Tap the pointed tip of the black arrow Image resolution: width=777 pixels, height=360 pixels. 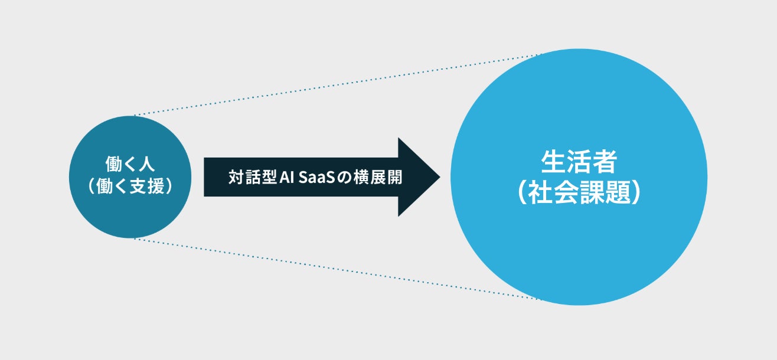pyautogui.click(x=438, y=177)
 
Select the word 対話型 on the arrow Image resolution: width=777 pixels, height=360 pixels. pyautogui.click(x=245, y=177)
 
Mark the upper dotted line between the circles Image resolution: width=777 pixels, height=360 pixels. pyautogui.click(x=337, y=83)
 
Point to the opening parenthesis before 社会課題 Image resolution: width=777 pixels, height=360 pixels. pyautogui.click(x=523, y=193)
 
